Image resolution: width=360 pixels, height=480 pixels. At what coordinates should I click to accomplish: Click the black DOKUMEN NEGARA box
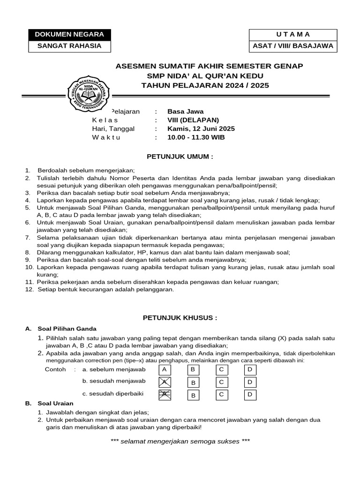pos(69,35)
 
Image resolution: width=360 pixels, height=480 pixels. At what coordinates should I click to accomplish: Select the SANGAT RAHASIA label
pos(69,46)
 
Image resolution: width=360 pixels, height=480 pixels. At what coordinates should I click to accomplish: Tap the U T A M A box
pos(293,35)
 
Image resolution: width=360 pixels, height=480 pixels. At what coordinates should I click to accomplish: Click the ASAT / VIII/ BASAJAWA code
pos(293,46)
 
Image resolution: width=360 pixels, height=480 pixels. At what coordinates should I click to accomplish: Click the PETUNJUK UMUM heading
pos(180,156)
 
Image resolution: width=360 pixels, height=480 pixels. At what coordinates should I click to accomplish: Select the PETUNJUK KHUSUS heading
pos(180,317)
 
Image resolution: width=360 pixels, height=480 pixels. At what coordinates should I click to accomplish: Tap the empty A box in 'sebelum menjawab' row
pos(164,369)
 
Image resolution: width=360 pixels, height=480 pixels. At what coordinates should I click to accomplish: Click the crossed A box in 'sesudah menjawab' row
pos(164,382)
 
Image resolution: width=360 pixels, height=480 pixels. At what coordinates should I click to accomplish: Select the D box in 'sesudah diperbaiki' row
pos(250,395)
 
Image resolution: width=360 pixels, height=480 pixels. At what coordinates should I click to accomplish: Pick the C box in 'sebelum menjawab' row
pos(221,369)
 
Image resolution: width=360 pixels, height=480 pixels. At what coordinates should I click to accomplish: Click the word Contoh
pos(55,369)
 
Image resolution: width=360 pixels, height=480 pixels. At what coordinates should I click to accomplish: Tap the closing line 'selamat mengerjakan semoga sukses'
pos(180,441)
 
